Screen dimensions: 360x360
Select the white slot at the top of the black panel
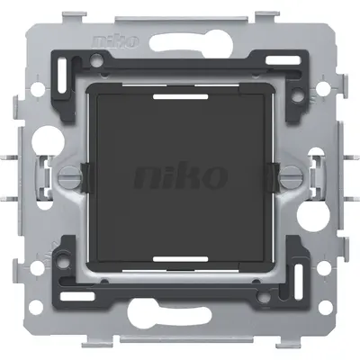pos(181,92)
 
